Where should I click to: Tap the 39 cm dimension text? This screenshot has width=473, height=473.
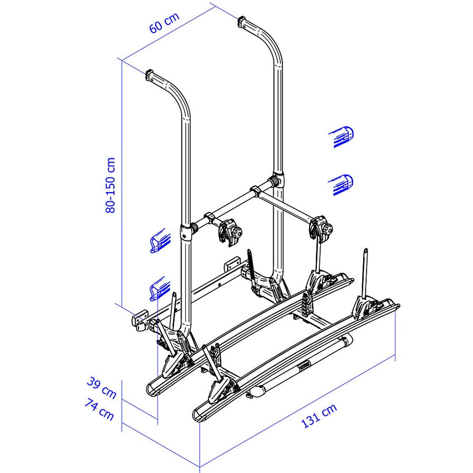(101, 389)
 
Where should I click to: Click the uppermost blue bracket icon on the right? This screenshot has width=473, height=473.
(342, 137)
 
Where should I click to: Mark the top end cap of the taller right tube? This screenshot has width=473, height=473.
(242, 23)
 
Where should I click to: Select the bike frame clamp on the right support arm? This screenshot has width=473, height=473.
(320, 226)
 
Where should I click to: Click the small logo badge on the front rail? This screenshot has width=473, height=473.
(306, 366)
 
